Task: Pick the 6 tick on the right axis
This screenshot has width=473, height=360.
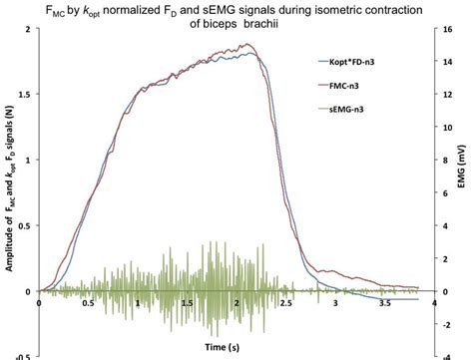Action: (x=446, y=192)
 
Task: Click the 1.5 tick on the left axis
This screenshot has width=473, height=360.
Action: (x=24, y=94)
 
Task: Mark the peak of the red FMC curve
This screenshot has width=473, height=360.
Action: (x=256, y=46)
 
